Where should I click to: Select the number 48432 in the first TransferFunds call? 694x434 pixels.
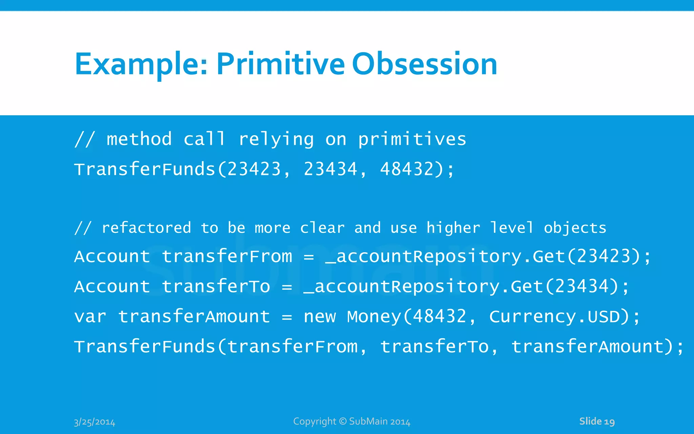[407, 169]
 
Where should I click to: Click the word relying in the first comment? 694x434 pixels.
[276, 140]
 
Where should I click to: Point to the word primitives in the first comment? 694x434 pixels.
[412, 140]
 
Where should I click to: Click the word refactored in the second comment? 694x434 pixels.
[146, 228]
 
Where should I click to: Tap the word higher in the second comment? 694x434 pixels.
[453, 228]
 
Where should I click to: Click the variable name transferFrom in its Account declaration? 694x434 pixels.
[227, 256]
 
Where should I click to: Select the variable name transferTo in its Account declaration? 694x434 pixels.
[216, 287]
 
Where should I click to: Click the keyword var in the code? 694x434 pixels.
[90, 317]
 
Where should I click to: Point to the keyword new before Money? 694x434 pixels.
[320, 317]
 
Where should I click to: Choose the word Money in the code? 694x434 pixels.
[374, 317]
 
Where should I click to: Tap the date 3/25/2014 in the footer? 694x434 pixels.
[95, 422]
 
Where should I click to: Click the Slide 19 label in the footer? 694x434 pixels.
[597, 421]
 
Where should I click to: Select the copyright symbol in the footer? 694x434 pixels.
[343, 421]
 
